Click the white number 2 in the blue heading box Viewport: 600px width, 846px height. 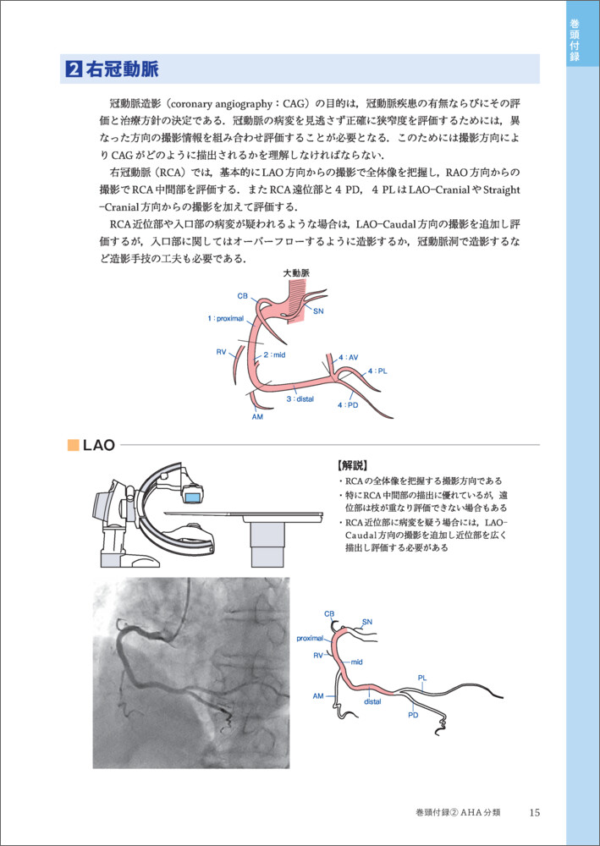74,69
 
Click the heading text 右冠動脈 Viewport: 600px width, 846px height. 122,69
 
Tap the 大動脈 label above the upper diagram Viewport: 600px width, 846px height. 296,274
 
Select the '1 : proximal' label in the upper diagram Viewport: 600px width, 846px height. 225,319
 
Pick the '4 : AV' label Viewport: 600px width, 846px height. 349,358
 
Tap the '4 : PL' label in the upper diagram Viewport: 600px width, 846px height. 377,371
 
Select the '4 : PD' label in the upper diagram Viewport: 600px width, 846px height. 348,405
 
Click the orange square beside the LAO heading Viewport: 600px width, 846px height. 73,444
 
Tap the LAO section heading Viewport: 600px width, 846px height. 99,444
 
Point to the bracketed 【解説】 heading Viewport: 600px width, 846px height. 352,465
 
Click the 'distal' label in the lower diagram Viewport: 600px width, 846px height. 372,701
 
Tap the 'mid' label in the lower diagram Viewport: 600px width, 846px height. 357,662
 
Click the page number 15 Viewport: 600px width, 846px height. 533,812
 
